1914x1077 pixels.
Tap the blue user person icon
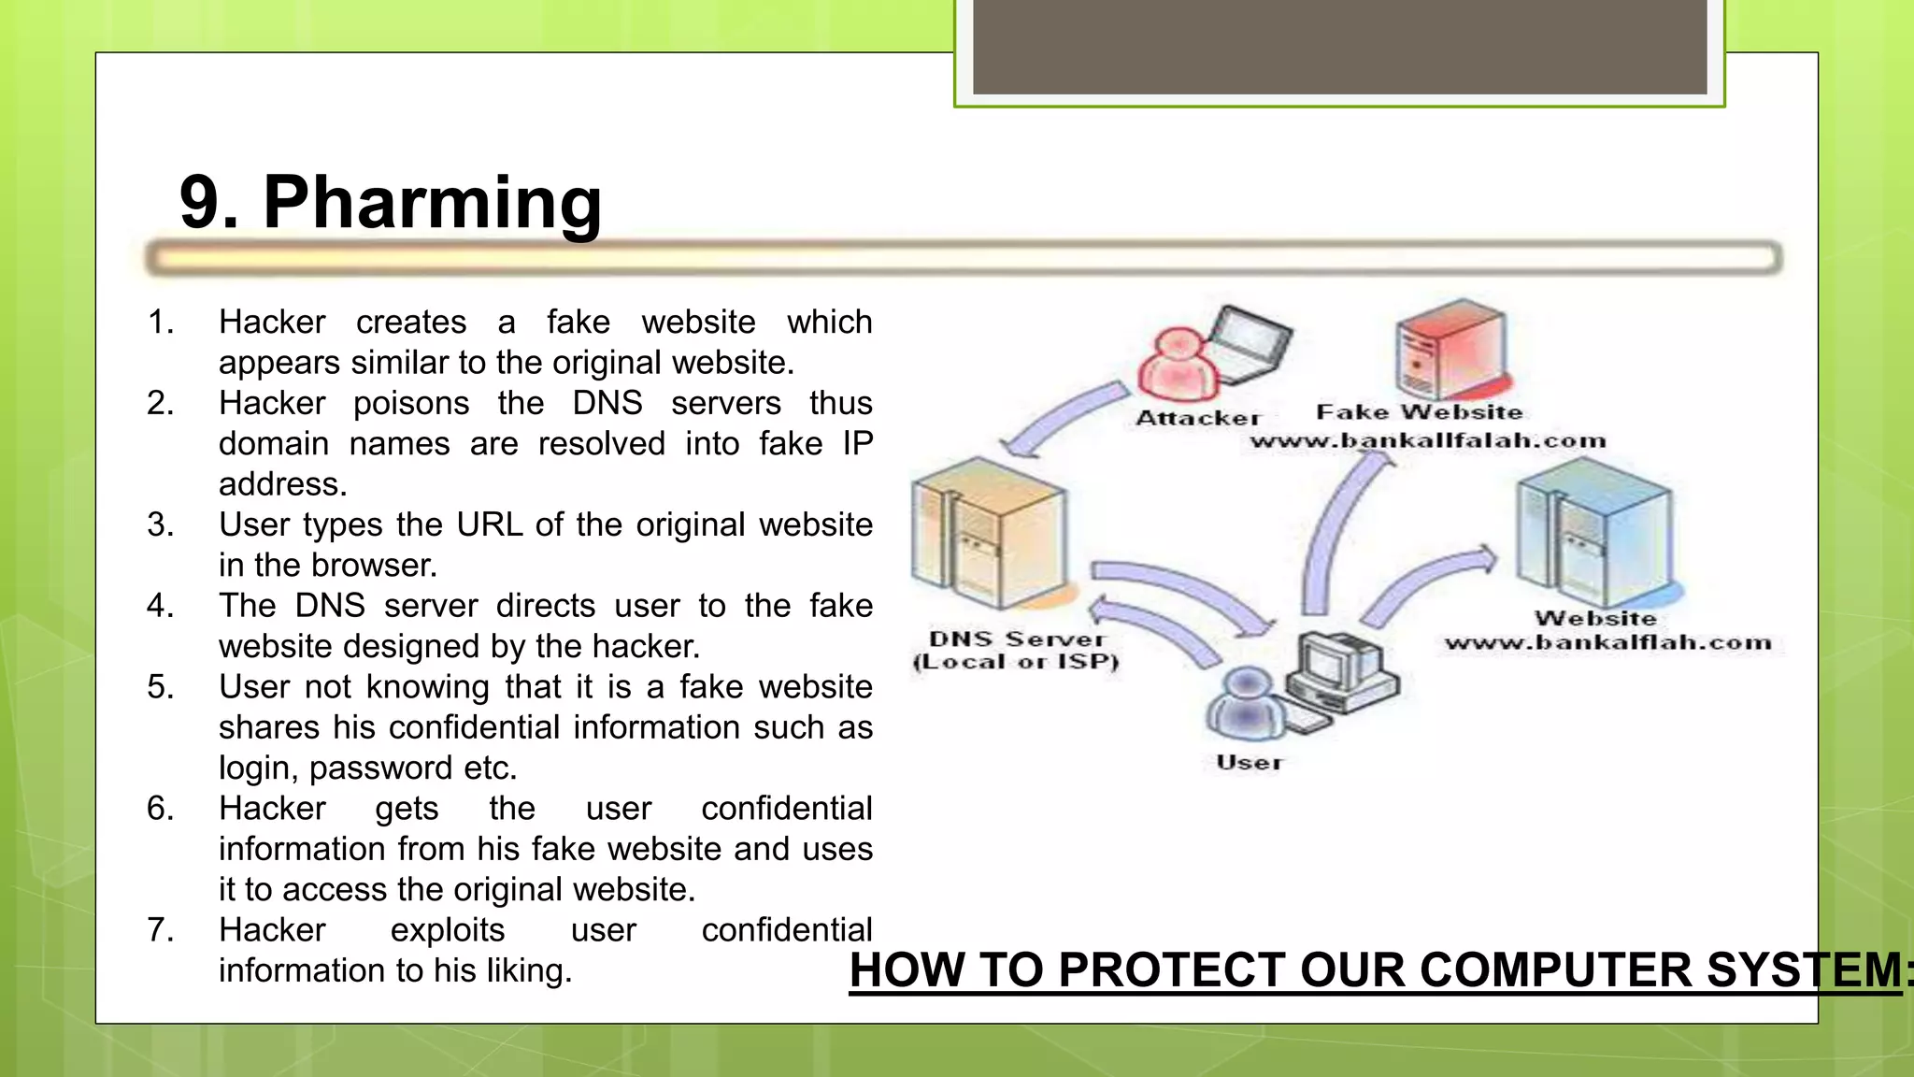pos(1246,706)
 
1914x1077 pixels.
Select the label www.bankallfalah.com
pos(1428,441)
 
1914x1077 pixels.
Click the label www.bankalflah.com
pos(1607,643)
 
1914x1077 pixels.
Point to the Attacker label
pos(1198,418)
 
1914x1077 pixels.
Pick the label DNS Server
pos(1016,639)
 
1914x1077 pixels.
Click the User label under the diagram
pos(1250,763)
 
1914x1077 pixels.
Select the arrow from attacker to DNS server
pos(1065,421)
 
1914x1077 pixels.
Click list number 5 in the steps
pos(160,687)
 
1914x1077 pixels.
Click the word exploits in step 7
pos(448,930)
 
